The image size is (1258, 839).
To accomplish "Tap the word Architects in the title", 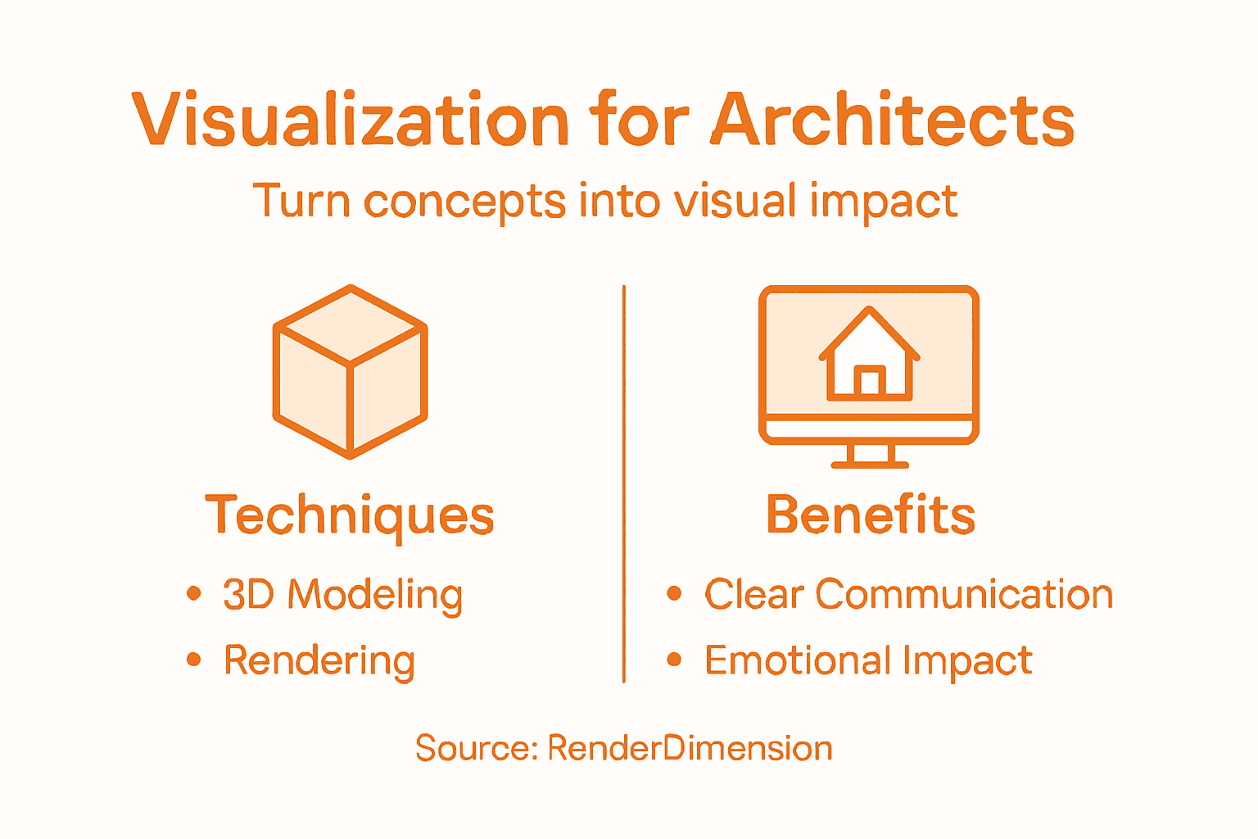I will click(893, 120).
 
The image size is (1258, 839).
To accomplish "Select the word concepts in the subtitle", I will click(464, 202).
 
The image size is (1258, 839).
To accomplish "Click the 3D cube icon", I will click(351, 371).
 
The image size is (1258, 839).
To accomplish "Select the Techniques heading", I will click(350, 516).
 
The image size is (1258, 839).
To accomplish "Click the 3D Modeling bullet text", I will click(343, 595).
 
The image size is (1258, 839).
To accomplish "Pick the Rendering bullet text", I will click(319, 661).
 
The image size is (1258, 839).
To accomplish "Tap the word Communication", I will click(964, 594).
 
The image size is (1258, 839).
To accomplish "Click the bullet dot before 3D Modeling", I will click(194, 593).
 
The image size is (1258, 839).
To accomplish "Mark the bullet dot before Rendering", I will click(194, 659).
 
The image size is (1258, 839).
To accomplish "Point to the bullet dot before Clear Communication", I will click(674, 593).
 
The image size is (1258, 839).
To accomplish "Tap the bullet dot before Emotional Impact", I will click(674, 659).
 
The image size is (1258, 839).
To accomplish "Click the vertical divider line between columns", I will click(624, 483).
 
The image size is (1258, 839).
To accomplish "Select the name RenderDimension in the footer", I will click(690, 748).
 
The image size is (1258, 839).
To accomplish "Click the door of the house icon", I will click(870, 382).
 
